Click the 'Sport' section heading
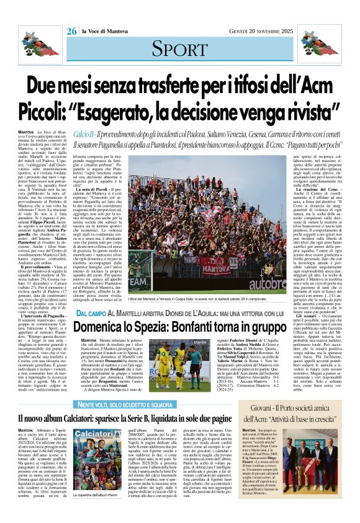click(179, 50)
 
